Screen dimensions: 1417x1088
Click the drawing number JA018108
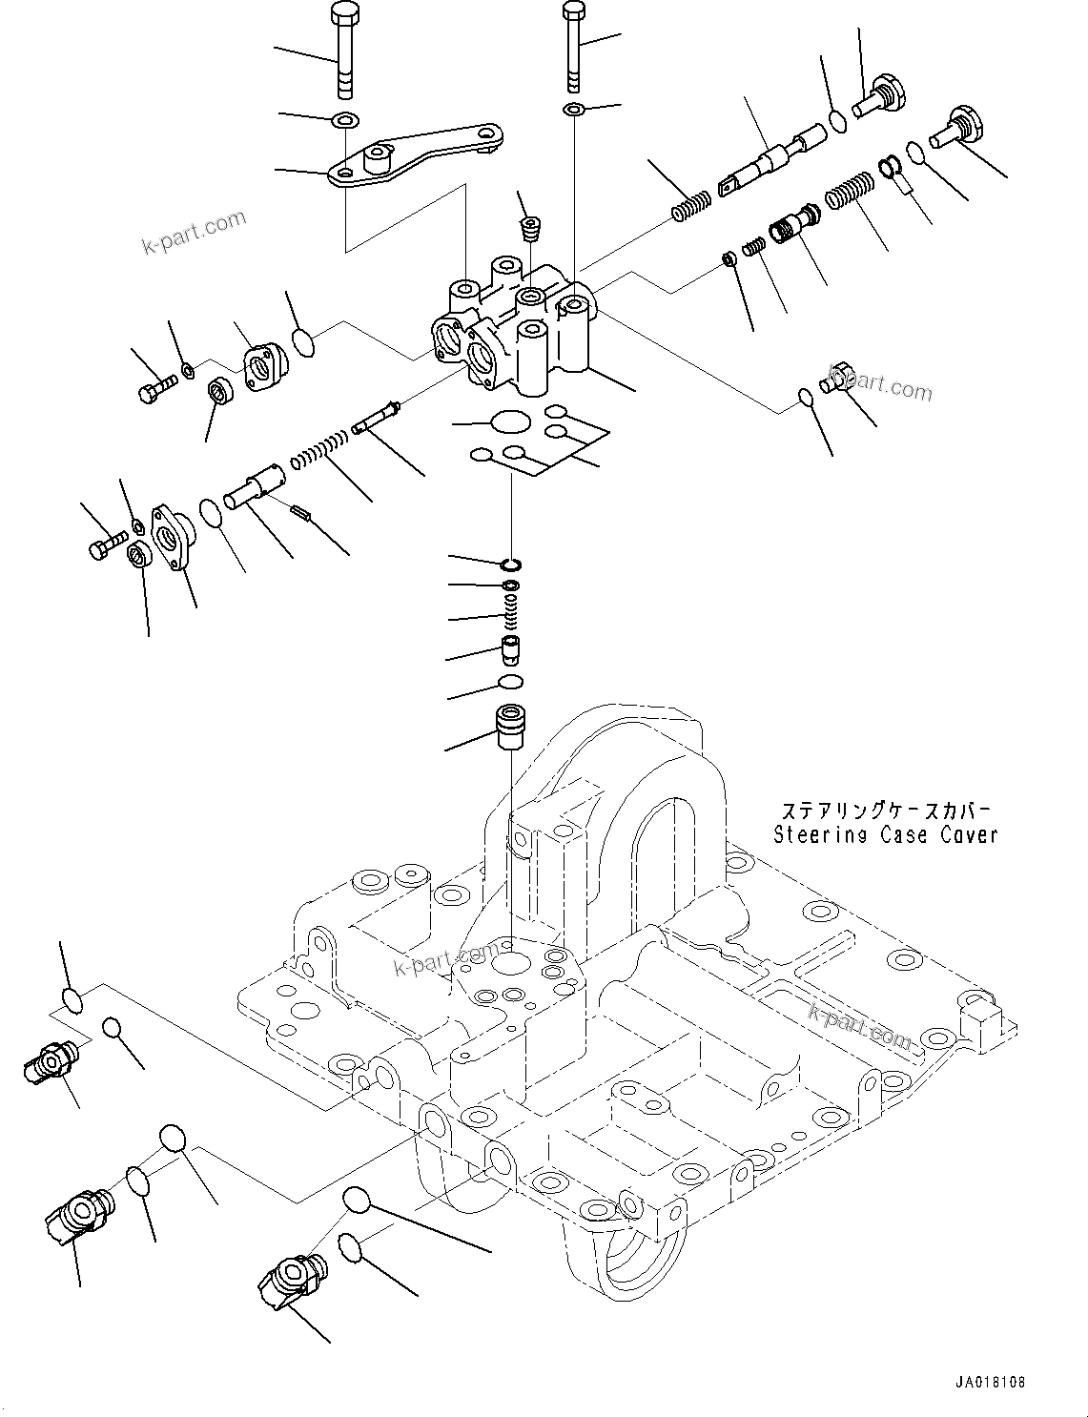[988, 1382]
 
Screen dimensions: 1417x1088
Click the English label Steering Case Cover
[886, 834]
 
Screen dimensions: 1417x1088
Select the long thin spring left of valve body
[319, 448]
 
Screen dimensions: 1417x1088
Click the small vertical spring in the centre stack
[512, 615]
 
